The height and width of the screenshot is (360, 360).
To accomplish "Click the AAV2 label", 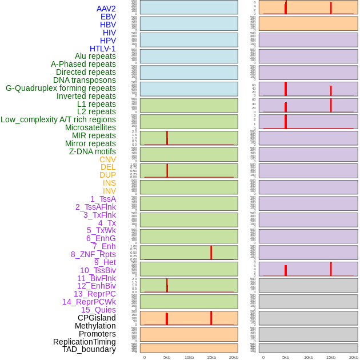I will click(106, 9).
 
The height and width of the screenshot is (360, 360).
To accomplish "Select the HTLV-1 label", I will click(103, 49).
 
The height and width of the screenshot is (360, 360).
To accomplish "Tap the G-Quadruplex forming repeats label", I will click(61, 88).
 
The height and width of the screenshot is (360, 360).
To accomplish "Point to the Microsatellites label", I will click(90, 127).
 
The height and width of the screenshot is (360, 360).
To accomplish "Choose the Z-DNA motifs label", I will click(93, 151).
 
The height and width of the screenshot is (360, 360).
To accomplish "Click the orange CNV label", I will click(107, 159).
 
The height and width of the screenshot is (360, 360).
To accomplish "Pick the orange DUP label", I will click(107, 175).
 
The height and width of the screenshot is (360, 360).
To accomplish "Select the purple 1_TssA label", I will click(103, 199).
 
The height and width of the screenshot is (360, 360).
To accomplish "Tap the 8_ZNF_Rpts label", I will click(93, 254).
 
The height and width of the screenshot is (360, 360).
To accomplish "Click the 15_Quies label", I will click(98, 310).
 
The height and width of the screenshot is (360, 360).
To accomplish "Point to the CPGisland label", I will click(97, 318).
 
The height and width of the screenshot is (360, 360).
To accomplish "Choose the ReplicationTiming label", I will click(85, 342).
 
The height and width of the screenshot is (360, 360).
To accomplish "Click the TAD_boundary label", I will click(89, 349).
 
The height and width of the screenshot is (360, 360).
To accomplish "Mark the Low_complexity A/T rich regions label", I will click(58, 119).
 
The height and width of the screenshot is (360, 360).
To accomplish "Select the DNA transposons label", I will click(85, 80).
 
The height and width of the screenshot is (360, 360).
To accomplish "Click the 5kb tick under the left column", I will click(167, 357).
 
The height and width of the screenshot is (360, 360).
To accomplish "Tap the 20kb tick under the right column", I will click(354, 357).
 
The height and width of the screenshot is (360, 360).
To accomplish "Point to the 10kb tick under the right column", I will click(308, 357).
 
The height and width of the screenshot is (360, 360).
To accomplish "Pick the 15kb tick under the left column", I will click(211, 357).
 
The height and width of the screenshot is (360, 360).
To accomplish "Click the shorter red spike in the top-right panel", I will click(331, 8).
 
